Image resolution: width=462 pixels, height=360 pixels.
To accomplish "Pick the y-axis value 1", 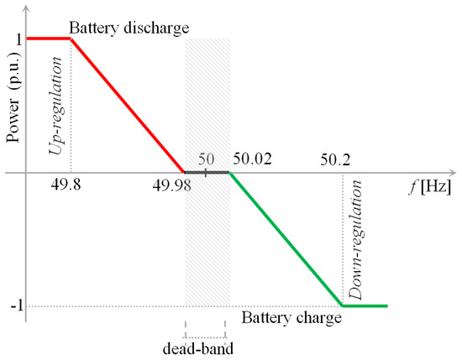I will [13, 39].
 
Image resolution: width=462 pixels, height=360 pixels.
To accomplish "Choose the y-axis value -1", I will [12, 305].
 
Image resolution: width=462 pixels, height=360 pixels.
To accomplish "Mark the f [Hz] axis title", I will [411, 177].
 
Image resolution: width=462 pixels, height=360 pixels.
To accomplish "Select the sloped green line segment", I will [286, 239].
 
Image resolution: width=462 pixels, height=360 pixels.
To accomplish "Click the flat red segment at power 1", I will [49, 39].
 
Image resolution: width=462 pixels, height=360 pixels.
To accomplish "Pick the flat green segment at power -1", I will [365, 305].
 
